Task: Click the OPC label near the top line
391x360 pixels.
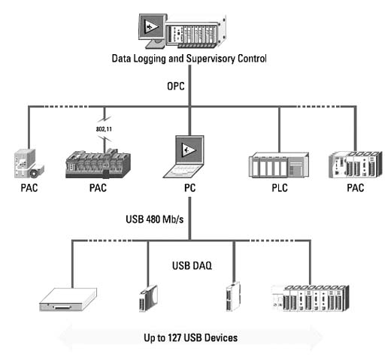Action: click(176, 86)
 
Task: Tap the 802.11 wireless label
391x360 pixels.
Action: click(104, 129)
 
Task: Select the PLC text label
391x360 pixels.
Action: click(280, 188)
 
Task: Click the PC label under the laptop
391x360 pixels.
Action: click(189, 188)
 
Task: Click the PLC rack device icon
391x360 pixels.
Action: click(279, 165)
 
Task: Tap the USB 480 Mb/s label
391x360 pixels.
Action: click(155, 219)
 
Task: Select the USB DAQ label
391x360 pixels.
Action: click(192, 265)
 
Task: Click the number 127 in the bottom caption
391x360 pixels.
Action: click(174, 337)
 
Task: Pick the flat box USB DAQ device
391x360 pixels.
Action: click(68, 299)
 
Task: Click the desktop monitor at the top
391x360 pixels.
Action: click(153, 31)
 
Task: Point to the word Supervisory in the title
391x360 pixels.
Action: click(211, 59)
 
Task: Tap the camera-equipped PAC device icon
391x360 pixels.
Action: click(29, 163)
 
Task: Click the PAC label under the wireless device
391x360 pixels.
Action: click(98, 188)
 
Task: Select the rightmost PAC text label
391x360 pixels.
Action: click(356, 188)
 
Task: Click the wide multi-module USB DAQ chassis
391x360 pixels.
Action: click(311, 298)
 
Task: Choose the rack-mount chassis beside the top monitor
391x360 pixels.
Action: click(196, 32)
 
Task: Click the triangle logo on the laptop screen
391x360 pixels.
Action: click(189, 150)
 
